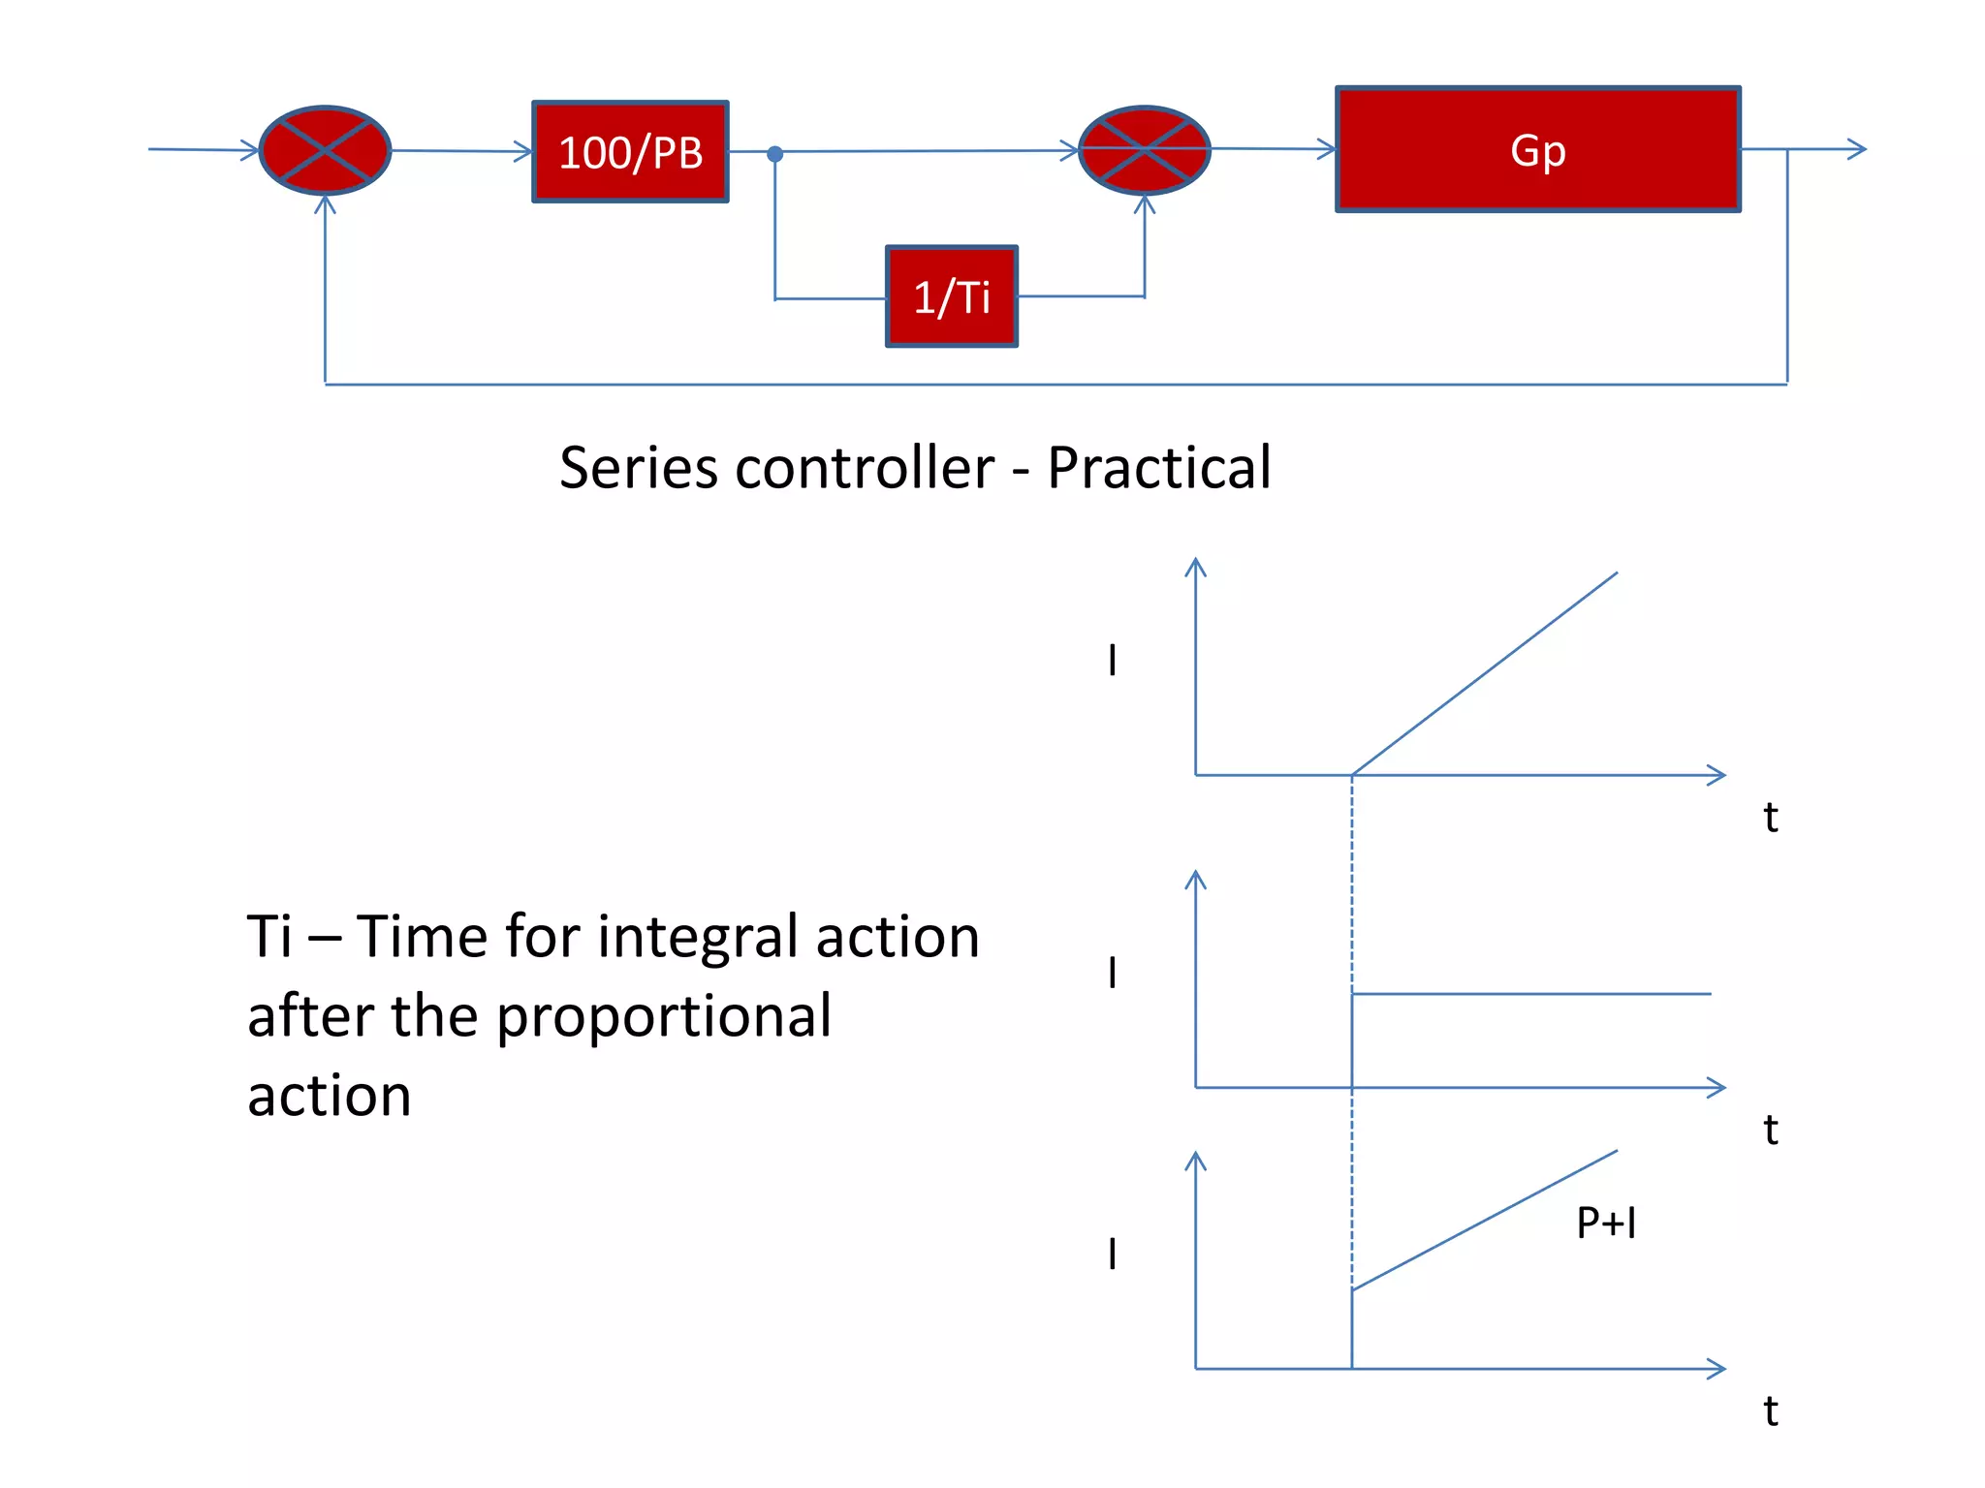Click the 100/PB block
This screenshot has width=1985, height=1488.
630,152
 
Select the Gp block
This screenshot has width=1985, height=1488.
1537,149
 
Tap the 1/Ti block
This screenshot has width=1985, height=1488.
951,296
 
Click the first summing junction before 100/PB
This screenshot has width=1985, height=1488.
326,150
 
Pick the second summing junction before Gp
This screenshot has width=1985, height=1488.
1144,150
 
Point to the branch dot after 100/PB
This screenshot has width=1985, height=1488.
774,153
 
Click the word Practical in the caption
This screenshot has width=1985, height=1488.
1158,468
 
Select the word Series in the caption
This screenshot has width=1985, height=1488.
641,468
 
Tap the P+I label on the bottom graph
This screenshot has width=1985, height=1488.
1606,1223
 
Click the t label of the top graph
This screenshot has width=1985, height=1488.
1770,818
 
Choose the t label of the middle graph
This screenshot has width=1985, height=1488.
1770,1130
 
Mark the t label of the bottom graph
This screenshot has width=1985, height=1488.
1770,1411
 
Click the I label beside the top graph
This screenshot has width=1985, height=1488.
1113,661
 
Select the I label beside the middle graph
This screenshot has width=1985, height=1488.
1113,972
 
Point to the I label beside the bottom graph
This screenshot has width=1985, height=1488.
1113,1254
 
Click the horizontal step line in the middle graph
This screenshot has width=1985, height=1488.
1531,994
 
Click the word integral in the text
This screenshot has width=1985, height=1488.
699,938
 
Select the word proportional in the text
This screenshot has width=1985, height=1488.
664,1017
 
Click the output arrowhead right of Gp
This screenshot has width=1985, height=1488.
1858,149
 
